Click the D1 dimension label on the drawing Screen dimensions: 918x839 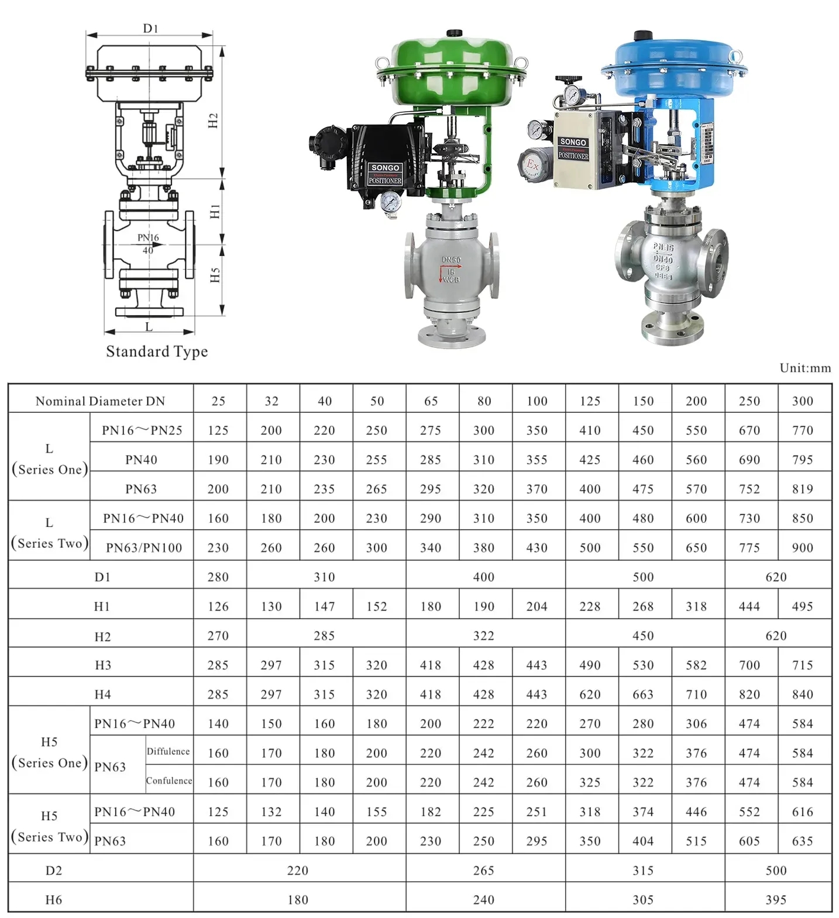150,28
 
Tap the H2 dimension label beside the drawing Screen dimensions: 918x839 214,120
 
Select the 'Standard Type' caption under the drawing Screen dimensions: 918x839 157,351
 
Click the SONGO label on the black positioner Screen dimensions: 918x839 385,168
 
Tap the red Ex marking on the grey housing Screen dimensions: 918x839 532,164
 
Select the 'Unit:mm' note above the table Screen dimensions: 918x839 805,368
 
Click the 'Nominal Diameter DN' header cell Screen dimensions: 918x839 100,401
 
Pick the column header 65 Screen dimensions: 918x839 431,401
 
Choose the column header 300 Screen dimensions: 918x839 802,401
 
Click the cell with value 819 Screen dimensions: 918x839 802,489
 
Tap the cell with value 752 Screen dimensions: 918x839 749,489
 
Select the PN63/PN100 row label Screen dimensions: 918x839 144,548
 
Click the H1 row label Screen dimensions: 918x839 102,606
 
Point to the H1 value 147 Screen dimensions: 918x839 324,606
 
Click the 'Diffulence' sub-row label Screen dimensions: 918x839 168,751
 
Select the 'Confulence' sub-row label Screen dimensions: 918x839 169,781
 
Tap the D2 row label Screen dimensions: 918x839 53,871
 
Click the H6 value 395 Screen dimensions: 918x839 776,900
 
